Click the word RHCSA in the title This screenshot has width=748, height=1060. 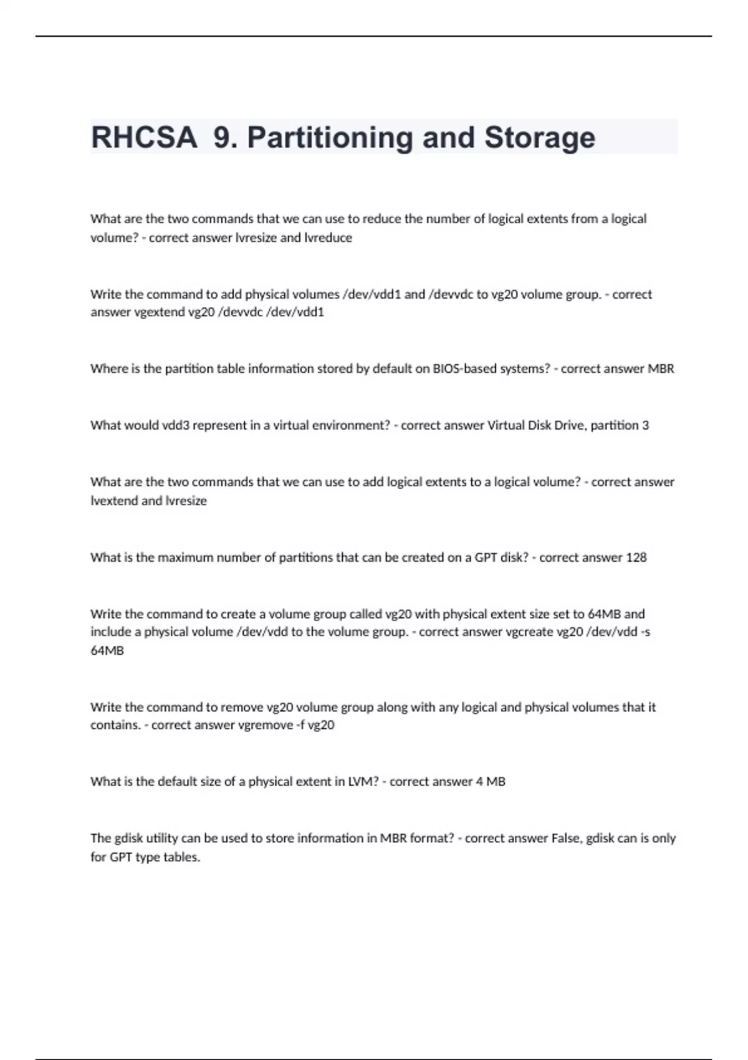click(144, 137)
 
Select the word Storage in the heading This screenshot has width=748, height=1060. click(539, 137)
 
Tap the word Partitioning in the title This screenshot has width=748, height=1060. click(330, 137)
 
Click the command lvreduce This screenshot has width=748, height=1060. click(328, 238)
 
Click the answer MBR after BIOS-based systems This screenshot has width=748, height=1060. click(661, 369)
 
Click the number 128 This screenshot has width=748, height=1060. click(636, 557)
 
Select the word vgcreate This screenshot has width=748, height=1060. click(528, 632)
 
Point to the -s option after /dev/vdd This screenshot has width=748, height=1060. click(646, 632)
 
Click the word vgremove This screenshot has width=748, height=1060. click(266, 725)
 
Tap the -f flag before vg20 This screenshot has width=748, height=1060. click(300, 725)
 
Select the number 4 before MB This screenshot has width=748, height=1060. click(479, 782)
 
